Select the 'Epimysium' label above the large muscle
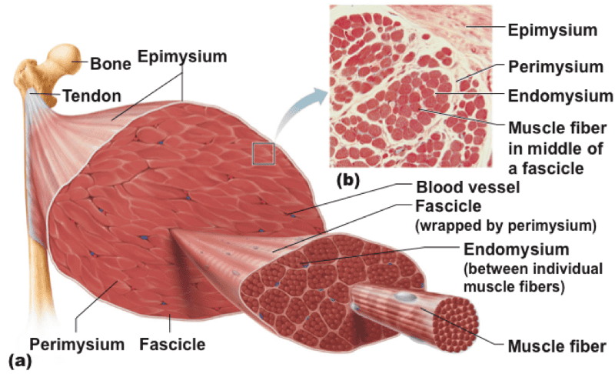point(182,56)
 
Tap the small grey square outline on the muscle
point(264,152)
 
